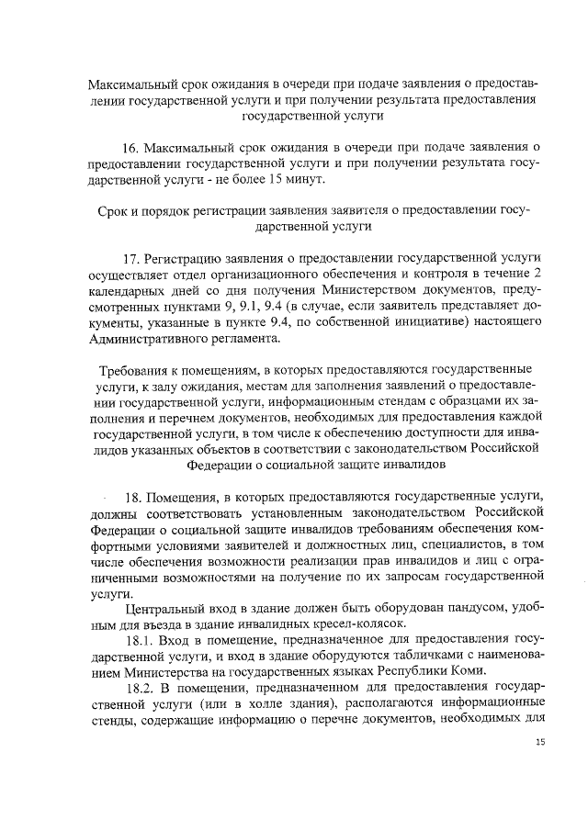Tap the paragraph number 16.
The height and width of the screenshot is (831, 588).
tap(132, 148)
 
